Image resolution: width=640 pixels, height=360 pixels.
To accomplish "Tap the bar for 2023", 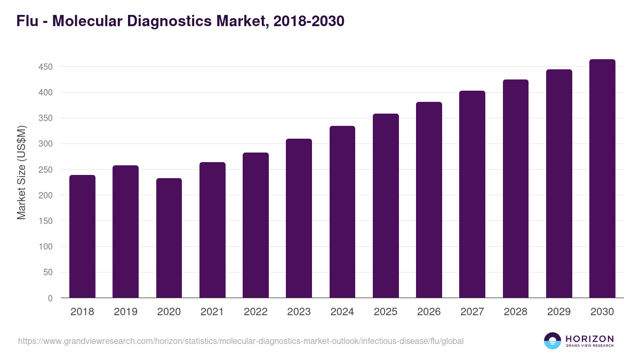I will tap(299, 218).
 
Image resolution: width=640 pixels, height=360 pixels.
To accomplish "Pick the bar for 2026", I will tap(429, 200).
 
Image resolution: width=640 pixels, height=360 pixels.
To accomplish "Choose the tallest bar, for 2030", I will tap(602, 179).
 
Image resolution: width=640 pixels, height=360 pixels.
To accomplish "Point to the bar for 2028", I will tap(516, 189).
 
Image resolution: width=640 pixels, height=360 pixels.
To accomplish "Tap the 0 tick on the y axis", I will tap(50, 298).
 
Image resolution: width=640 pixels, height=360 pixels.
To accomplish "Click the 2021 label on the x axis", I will tap(212, 312).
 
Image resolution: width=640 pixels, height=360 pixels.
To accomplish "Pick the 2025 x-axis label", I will tap(386, 312).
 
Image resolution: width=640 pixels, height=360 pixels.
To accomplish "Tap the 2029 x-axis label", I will tap(559, 312).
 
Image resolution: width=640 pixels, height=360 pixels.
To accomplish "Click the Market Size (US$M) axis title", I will tap(21, 172).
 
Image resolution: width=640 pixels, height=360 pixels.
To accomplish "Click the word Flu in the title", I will tap(27, 21).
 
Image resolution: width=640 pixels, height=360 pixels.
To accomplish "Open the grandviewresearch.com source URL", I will tap(241, 341).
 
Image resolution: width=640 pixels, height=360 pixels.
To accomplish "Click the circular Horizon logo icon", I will tap(553, 341).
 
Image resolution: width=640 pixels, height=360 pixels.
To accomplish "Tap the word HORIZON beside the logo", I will tap(589, 339).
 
